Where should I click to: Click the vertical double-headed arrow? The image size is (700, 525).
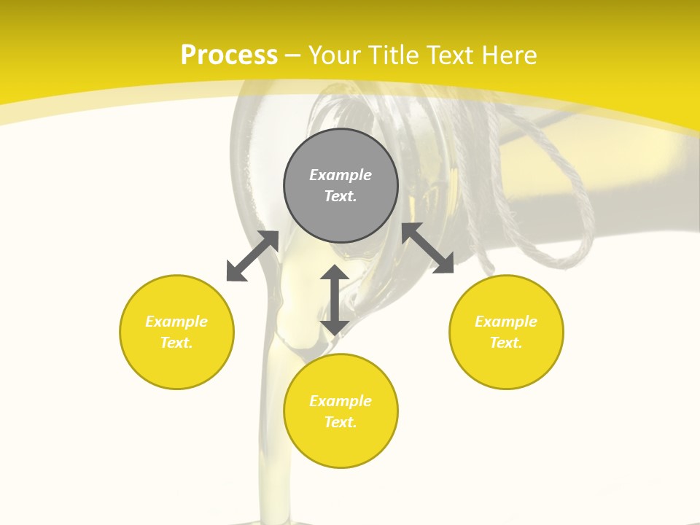coord(335,300)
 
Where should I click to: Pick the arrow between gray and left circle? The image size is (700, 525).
coord(252,256)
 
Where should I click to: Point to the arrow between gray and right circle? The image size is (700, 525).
coord(427,248)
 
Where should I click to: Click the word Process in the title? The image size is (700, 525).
coord(229,55)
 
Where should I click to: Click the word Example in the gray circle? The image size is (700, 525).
coord(341,175)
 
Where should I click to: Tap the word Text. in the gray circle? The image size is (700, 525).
coord(341,196)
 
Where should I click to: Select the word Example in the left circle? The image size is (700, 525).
coord(176,322)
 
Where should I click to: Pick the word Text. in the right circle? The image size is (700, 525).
coord(506,343)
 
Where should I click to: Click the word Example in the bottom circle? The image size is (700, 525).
coord(341,401)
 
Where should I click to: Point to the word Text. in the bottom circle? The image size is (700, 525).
coord(341,422)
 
